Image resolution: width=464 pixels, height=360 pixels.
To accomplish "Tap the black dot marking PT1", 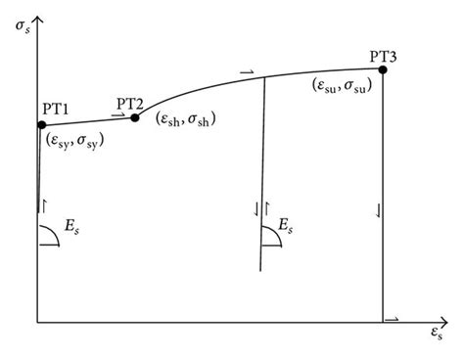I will click(41, 124).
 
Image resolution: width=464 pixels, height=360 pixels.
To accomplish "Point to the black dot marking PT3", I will click(383, 69).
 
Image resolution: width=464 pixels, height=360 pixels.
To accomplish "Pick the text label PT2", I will click(130, 102).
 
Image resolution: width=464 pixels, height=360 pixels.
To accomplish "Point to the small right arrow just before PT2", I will click(116, 115).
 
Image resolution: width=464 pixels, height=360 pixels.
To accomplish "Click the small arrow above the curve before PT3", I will click(245, 70).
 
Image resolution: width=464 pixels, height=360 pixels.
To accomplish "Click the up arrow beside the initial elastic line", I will click(44, 205).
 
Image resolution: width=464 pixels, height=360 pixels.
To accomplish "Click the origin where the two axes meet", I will click(37, 321).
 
